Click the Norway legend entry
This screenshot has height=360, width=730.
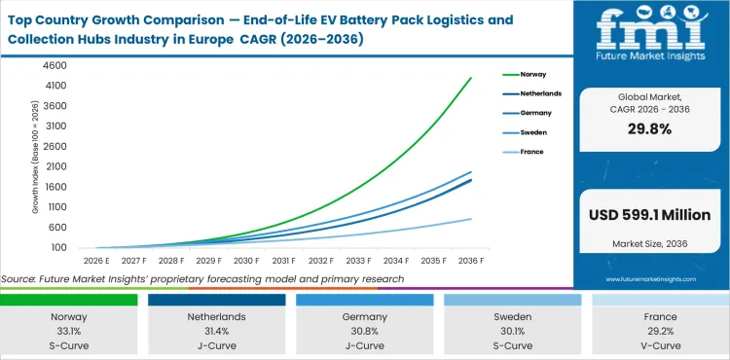[531, 74]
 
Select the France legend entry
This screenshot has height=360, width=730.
[530, 152]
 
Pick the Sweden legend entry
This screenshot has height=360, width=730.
[531, 132]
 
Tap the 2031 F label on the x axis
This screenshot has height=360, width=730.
[283, 261]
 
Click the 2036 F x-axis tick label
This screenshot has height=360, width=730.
[471, 261]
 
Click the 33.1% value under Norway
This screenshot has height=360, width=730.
[68, 332]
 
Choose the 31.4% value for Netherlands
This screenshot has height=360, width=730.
[216, 332]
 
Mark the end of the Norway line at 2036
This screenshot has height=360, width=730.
[471, 78]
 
